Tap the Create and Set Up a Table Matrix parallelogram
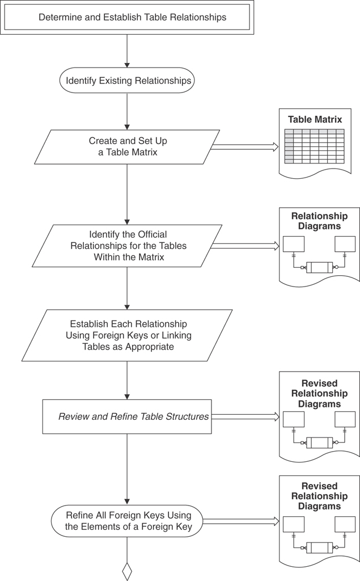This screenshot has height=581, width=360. [127, 147]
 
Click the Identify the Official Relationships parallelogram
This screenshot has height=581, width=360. [127, 246]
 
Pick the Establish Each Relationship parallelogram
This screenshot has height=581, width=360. [127, 335]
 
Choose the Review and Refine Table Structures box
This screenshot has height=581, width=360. [127, 416]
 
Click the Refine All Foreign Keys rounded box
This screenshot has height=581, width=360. [127, 521]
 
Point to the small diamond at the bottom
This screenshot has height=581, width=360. [127, 571]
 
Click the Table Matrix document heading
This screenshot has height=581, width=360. [315, 120]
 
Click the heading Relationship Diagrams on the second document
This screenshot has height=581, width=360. [319, 221]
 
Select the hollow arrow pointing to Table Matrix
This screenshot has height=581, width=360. [244, 147]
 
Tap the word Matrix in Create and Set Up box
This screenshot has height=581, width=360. [141, 152]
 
